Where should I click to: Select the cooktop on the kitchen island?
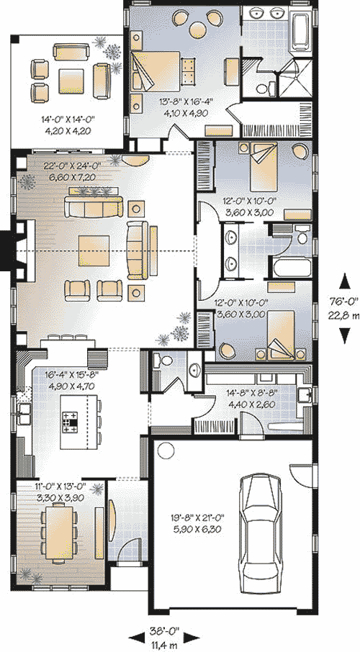pos(70,421)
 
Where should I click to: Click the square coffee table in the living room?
pos(94,250)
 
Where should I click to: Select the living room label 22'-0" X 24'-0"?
pos(71,166)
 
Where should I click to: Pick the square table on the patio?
pos(71,81)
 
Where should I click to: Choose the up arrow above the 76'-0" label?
pos(344,283)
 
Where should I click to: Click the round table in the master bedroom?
pos(198,28)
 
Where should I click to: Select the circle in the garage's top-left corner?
pos(165,450)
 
